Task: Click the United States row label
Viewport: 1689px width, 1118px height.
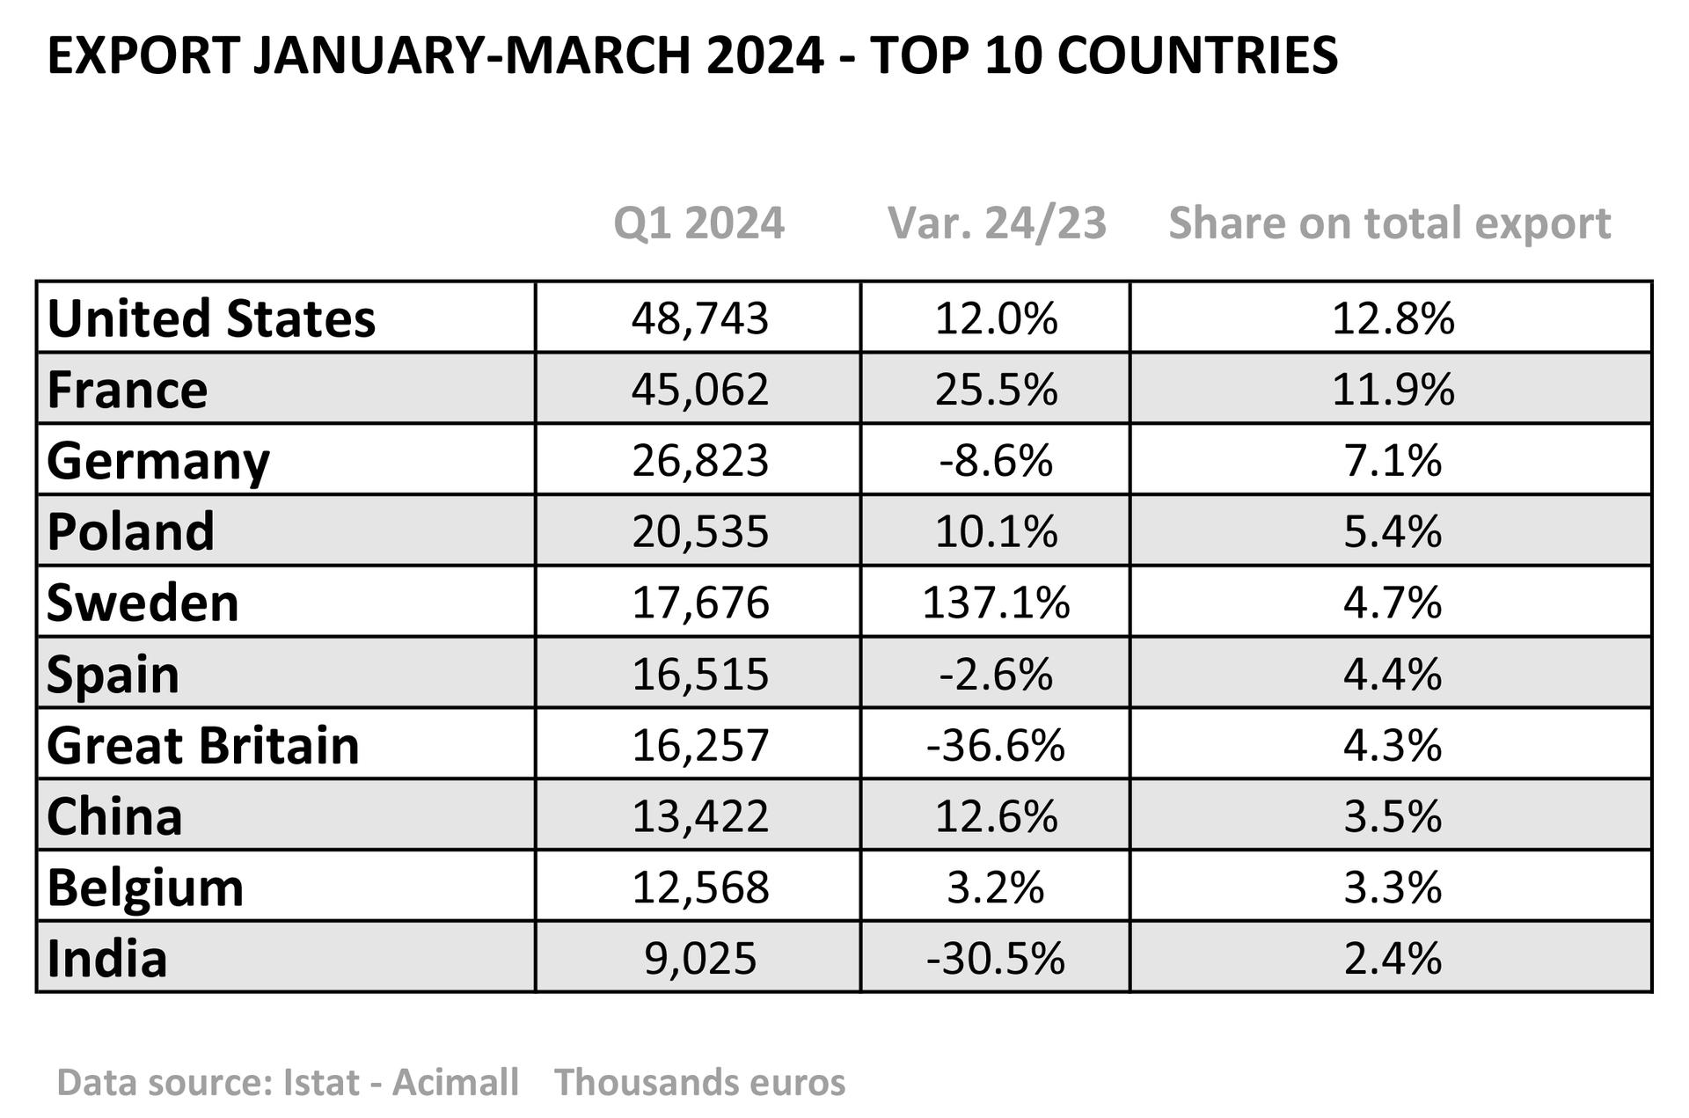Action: (x=211, y=318)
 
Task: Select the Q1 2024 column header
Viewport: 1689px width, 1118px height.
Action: (x=698, y=223)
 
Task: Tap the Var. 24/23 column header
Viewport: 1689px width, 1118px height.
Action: (x=997, y=223)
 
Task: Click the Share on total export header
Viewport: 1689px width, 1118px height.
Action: (x=1389, y=223)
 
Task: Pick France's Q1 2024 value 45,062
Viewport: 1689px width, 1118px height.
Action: (x=700, y=389)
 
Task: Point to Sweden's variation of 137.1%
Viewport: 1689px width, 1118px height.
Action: (x=996, y=603)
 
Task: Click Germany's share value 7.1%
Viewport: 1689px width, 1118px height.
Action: (x=1393, y=460)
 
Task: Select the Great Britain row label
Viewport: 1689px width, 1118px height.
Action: (x=203, y=745)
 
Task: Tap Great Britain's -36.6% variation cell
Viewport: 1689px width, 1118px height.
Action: (x=996, y=745)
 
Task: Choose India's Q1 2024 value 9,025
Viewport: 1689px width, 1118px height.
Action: (x=700, y=958)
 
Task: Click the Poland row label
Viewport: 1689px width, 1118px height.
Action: (x=130, y=531)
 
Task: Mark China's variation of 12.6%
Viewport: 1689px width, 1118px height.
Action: (x=996, y=816)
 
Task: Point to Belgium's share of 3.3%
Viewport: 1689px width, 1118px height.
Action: (x=1393, y=888)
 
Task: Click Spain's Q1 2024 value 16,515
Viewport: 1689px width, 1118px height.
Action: (x=700, y=674)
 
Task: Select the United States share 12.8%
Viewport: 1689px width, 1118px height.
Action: (x=1393, y=318)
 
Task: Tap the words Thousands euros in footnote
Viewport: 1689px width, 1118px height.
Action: (x=699, y=1082)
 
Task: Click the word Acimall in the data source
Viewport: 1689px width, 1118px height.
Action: (x=455, y=1082)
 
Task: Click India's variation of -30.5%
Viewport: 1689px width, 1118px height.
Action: (x=996, y=958)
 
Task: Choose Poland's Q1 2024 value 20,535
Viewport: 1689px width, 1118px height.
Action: (x=700, y=531)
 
